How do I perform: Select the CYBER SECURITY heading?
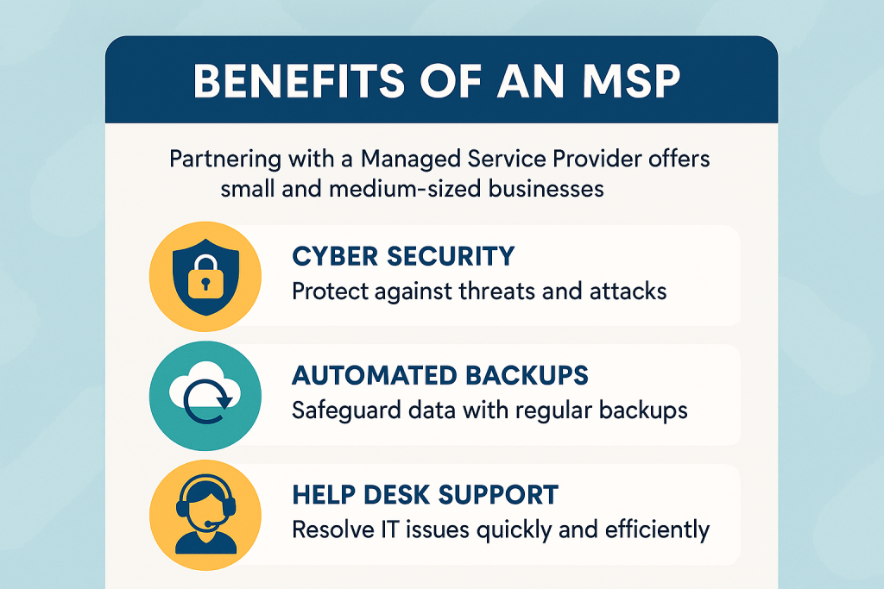[403, 256]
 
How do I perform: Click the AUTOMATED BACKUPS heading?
[440, 375]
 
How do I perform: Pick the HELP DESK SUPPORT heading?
[425, 494]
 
